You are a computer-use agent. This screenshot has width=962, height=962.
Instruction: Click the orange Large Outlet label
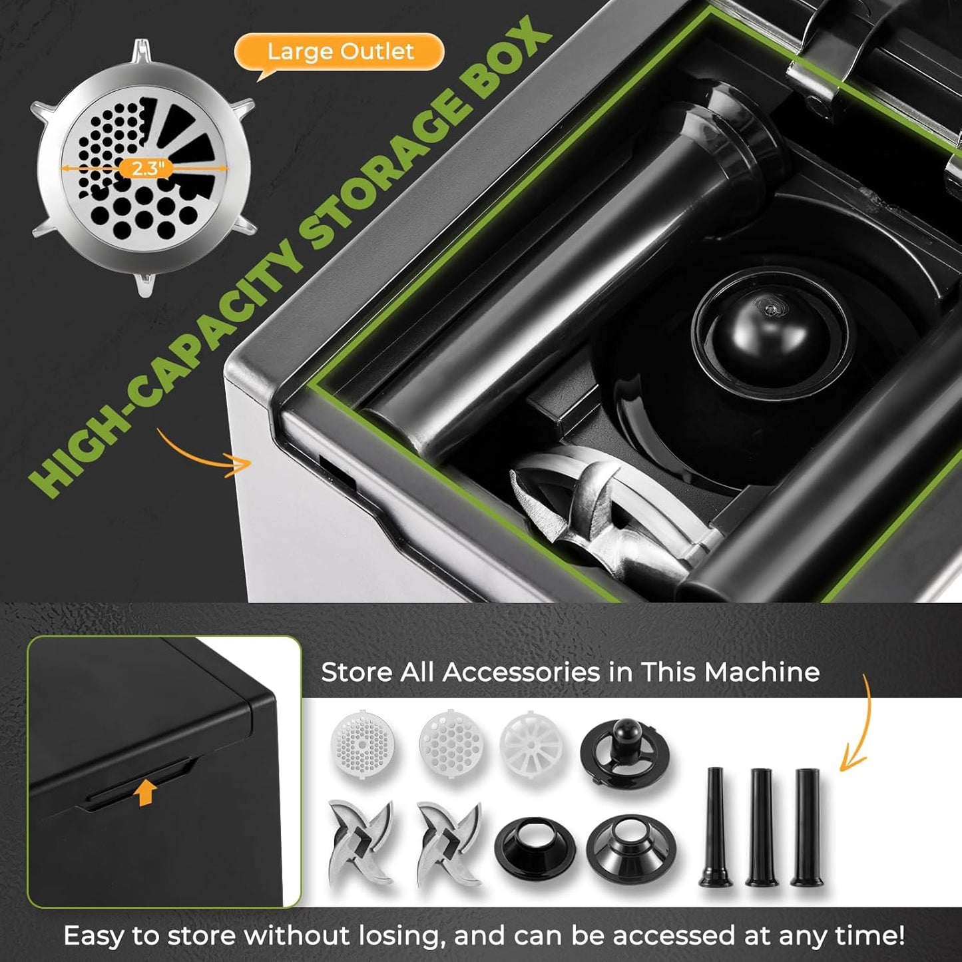tap(340, 52)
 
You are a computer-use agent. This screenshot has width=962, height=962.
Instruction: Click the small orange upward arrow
tap(145, 792)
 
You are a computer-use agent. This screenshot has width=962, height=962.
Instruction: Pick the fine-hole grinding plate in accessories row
tap(362, 743)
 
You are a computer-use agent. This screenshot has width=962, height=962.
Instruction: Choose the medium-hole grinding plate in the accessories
tap(451, 743)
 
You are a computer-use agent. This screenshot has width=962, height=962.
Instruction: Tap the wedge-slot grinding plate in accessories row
tap(532, 743)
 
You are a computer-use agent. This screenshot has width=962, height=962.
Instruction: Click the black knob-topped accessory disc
tap(624, 750)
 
